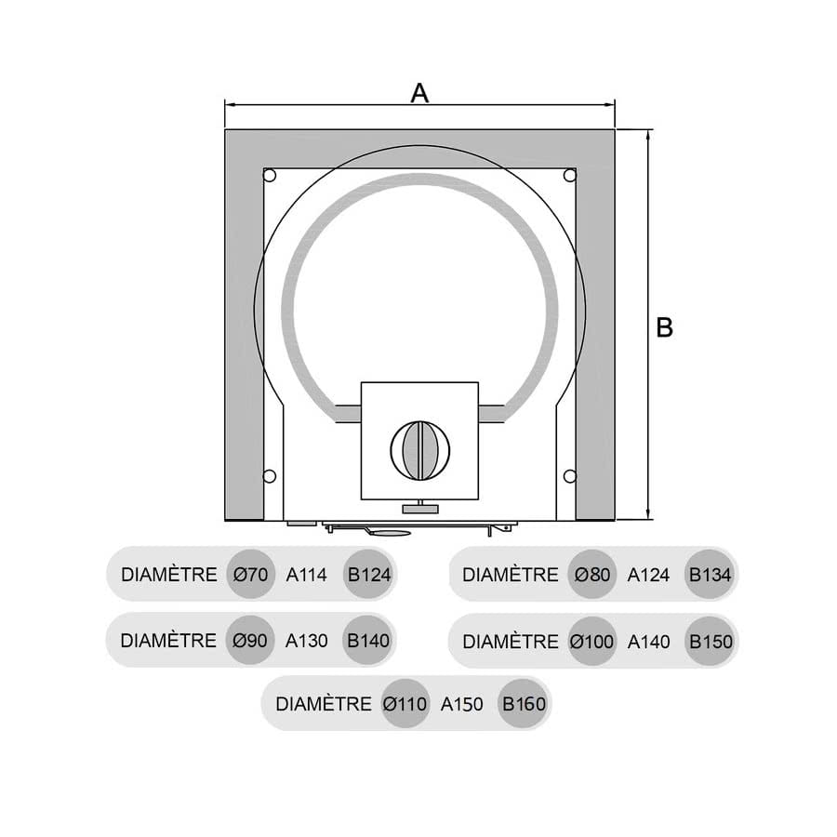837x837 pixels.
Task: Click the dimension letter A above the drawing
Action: coord(419,93)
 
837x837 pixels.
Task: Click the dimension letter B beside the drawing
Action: coord(664,327)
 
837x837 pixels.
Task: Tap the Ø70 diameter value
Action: coord(250,575)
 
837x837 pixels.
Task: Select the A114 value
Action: coord(306,575)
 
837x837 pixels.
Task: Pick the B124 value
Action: coord(369,575)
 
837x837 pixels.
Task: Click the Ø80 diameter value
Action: coord(592,575)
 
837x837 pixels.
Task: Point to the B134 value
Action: coord(710,575)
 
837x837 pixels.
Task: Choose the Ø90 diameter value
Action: coord(250,640)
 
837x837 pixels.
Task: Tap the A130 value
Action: coord(306,640)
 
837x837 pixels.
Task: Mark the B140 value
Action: coord(368,640)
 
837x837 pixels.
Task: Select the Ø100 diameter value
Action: coord(591,641)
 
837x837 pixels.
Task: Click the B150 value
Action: coord(711,641)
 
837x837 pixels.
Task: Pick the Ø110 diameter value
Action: coord(405,704)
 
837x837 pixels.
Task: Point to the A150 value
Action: coord(461,704)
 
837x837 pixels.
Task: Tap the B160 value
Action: coord(524,704)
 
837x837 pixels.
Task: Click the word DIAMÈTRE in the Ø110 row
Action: coord(324,704)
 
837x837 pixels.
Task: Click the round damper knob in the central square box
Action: coord(420,450)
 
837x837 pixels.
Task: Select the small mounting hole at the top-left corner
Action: coord(270,175)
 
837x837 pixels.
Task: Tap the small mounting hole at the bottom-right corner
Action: coord(569,475)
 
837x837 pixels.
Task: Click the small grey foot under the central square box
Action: coord(420,509)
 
